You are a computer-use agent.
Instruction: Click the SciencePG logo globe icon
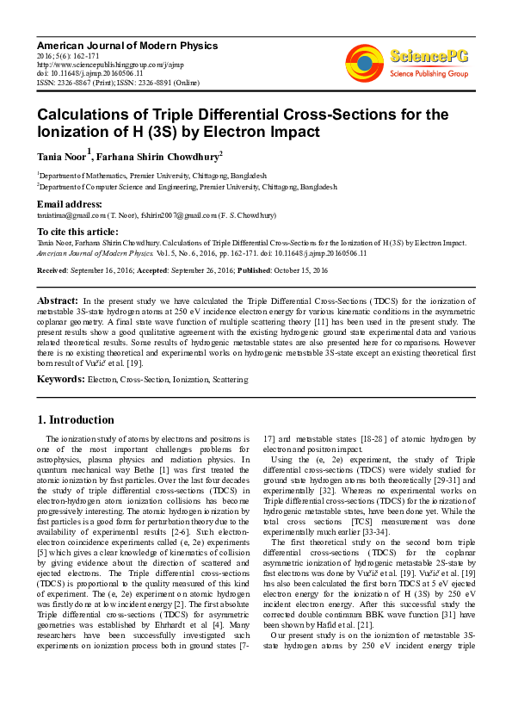pyautogui.click(x=365, y=61)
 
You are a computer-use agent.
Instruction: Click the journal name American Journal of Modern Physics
pyautogui.click(x=127, y=45)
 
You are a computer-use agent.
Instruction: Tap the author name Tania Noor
pyautogui.click(x=60, y=156)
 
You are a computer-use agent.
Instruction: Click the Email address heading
pyautogui.click(x=70, y=204)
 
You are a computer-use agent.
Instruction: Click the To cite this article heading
pyautogui.click(x=77, y=232)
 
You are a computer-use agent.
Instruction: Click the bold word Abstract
pyautogui.click(x=58, y=300)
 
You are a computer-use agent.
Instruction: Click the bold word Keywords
pyautogui.click(x=60, y=378)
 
